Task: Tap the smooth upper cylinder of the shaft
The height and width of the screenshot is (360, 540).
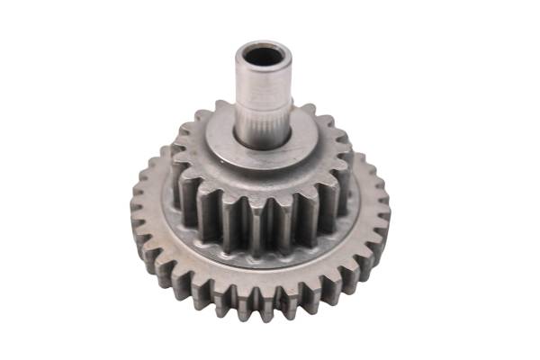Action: pos(265,85)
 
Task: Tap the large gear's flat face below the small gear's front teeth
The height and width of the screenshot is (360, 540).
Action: pos(261,264)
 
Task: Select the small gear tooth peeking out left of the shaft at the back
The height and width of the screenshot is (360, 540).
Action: pos(222,111)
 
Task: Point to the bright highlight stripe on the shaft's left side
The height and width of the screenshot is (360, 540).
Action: pos(247,90)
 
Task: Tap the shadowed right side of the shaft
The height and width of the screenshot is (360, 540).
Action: pos(285,90)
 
